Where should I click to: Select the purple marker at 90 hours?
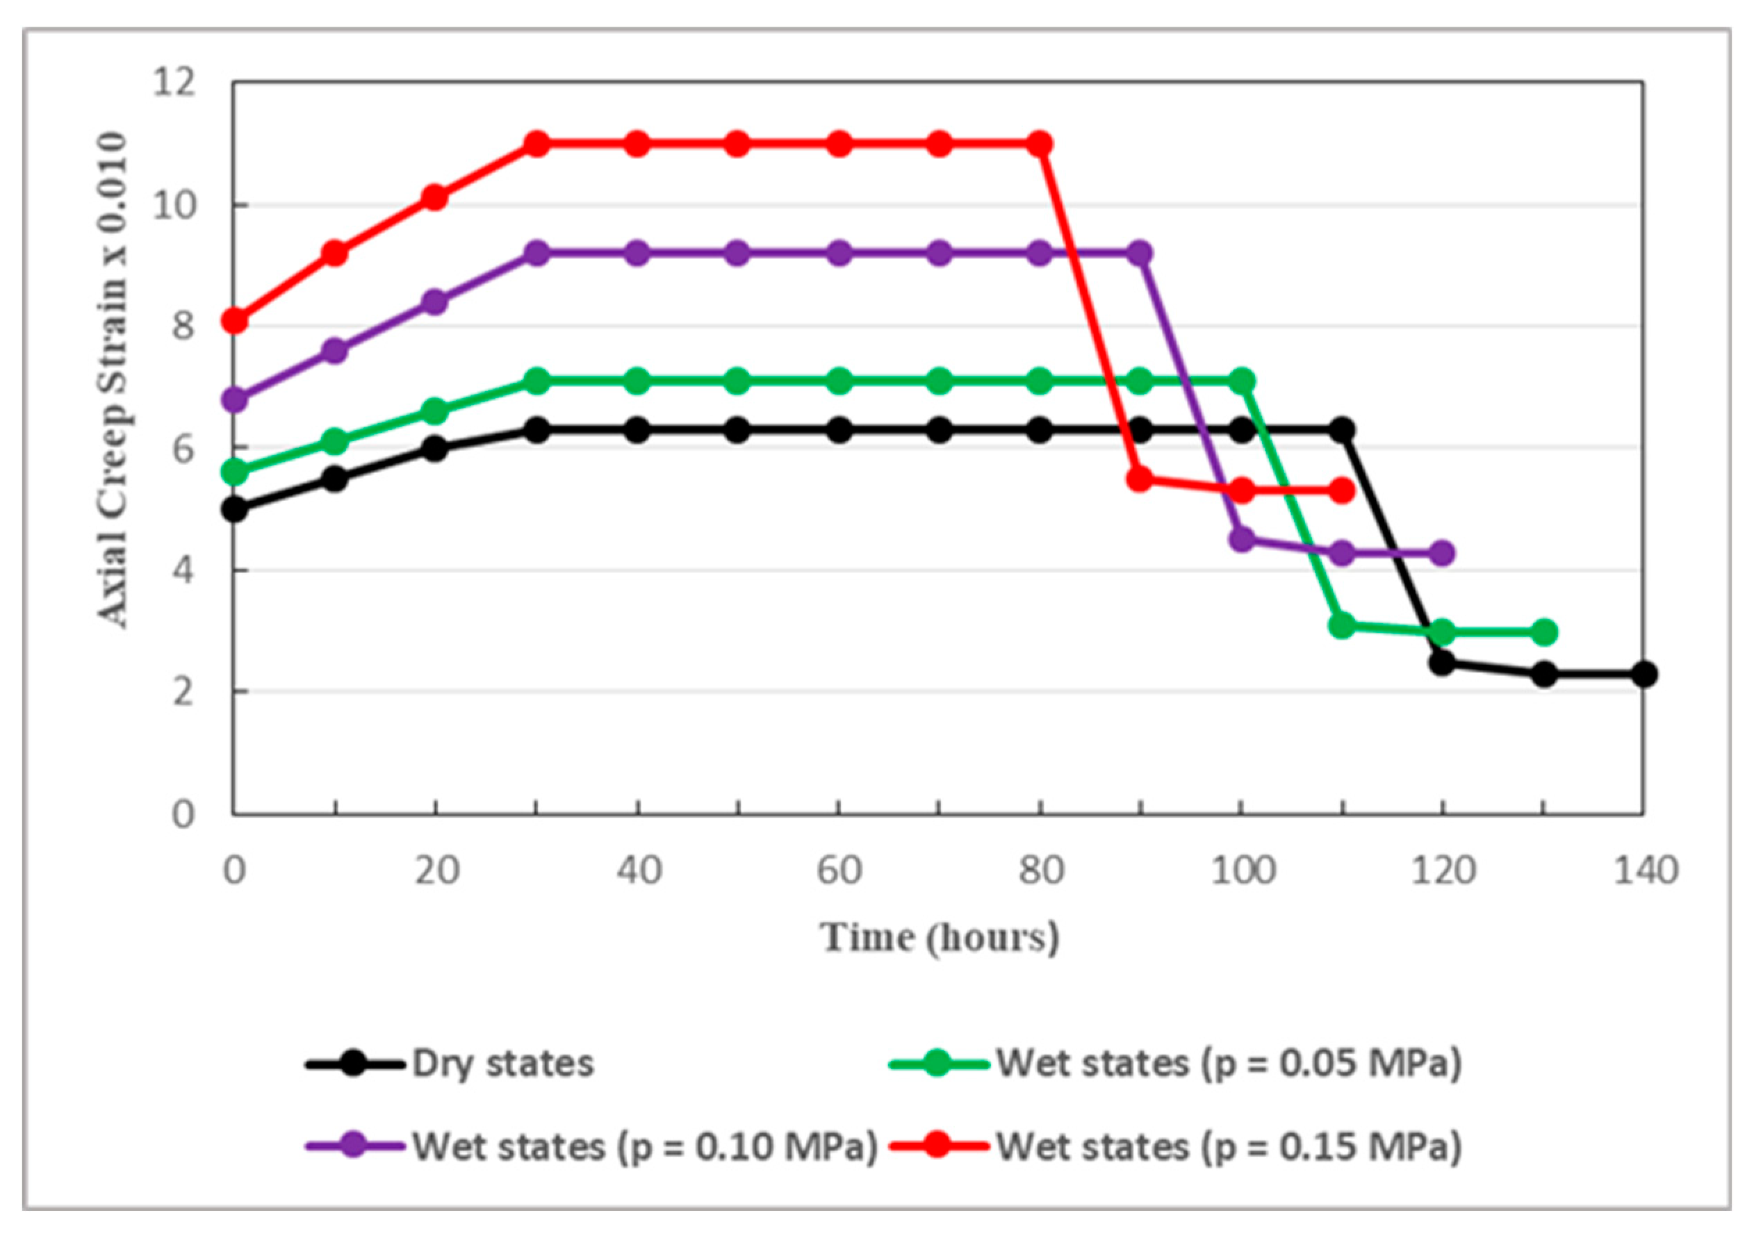(1140, 253)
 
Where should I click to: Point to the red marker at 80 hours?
(1039, 144)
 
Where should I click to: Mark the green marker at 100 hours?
(1241, 380)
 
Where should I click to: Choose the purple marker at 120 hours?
(1441, 552)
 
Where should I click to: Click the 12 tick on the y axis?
(174, 82)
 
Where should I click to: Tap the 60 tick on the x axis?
(839, 870)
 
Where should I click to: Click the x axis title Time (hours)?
(940, 937)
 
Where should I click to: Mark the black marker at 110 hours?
(1341, 430)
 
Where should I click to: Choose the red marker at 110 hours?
(1341, 491)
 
